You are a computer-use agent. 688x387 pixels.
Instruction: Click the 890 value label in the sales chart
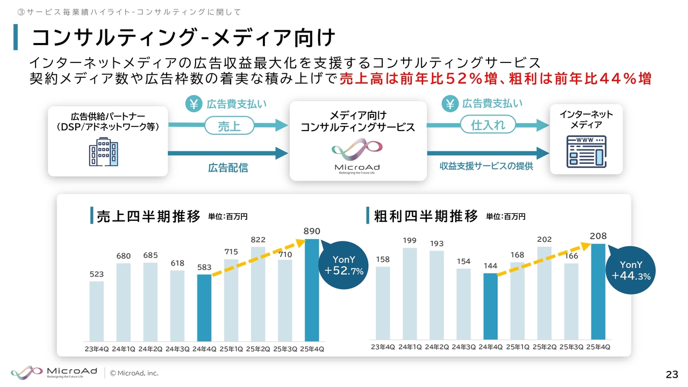(312, 231)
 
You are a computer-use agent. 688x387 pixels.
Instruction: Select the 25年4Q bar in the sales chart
(312, 290)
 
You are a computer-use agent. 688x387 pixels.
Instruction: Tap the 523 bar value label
(97, 275)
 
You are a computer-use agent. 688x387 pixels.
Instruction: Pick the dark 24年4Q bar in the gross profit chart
(491, 306)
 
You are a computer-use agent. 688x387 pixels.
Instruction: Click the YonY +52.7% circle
(345, 266)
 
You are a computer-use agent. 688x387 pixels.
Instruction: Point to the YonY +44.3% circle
(632, 270)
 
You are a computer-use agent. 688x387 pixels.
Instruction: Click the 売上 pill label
(229, 126)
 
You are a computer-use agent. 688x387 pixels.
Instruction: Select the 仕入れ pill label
(488, 125)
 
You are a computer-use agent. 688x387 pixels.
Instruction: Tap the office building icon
(103, 152)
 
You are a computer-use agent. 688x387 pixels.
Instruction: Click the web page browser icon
(586, 152)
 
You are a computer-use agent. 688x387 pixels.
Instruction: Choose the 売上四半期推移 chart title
(148, 217)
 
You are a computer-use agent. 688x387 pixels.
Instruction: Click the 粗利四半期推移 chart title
(426, 217)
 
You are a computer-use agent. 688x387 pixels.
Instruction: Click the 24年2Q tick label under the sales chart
(150, 349)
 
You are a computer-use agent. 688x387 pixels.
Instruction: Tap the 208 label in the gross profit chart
(598, 236)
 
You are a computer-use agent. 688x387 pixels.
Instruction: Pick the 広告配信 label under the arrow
(228, 168)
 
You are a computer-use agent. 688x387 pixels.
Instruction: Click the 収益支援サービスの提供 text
(486, 167)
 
